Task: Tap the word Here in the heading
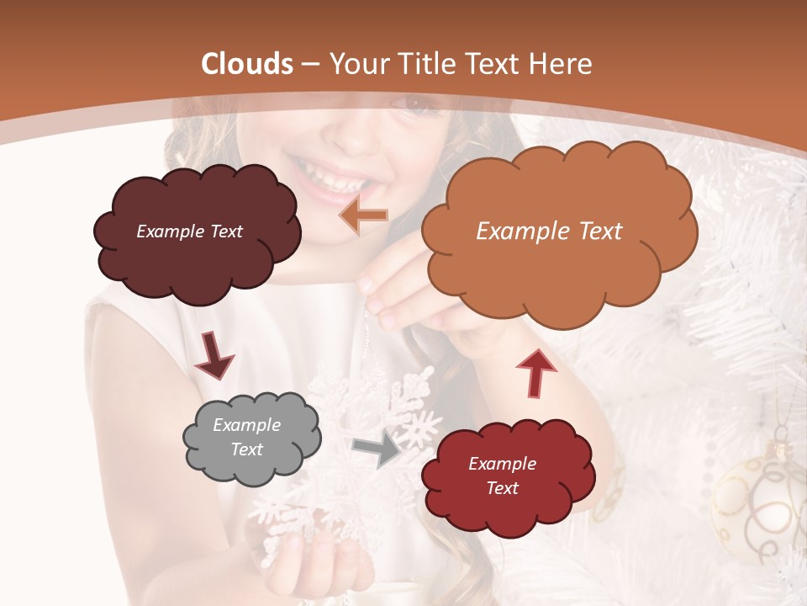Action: tap(563, 64)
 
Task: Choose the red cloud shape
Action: tap(504, 513)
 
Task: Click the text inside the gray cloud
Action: tap(247, 438)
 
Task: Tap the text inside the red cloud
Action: tap(502, 476)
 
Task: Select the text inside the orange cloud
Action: tap(549, 231)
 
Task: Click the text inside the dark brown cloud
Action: tap(189, 231)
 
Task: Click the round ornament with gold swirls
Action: tap(757, 505)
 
